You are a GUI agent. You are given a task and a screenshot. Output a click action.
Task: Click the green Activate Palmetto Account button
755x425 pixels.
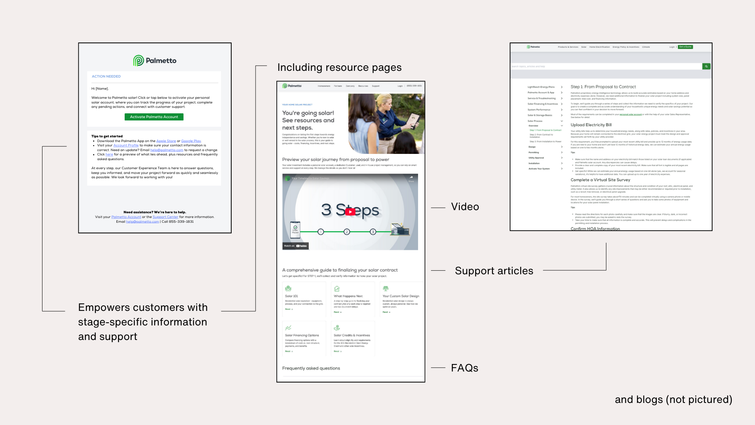pos(154,117)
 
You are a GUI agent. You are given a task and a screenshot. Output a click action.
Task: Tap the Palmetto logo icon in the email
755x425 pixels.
pos(138,61)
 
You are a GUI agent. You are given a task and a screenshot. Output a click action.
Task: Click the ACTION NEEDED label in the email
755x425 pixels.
pos(106,76)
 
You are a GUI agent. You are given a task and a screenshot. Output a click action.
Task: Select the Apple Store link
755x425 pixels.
pos(166,141)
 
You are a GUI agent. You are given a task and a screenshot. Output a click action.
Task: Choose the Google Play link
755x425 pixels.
pos(191,141)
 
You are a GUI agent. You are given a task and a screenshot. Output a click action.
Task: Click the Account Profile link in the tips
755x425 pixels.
pos(126,145)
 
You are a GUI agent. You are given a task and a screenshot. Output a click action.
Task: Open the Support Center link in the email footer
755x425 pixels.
pos(165,217)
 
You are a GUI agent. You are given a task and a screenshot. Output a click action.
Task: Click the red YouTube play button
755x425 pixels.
pos(350,212)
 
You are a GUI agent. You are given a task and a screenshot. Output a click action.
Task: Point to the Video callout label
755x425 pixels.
pos(465,207)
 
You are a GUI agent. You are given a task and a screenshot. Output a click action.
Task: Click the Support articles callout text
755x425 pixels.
pos(494,271)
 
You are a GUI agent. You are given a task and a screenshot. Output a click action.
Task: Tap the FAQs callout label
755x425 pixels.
pos(464,368)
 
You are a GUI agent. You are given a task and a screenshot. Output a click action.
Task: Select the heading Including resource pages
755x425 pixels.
pos(339,67)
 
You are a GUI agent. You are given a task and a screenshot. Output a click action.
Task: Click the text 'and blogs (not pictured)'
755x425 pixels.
pos(673,399)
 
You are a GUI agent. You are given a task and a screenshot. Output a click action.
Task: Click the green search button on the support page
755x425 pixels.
pos(706,67)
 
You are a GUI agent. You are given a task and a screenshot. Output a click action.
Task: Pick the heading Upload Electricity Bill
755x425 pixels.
pos(591,125)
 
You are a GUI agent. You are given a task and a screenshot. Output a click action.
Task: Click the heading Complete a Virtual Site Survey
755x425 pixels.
pos(600,180)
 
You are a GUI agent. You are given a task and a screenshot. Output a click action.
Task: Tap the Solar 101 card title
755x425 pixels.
pos(291,296)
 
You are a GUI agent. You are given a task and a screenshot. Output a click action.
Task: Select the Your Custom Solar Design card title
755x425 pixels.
pos(401,296)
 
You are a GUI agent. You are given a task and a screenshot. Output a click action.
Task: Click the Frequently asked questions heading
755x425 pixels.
pos(311,368)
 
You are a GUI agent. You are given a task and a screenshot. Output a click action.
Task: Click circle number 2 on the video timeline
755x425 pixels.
pos(347,232)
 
